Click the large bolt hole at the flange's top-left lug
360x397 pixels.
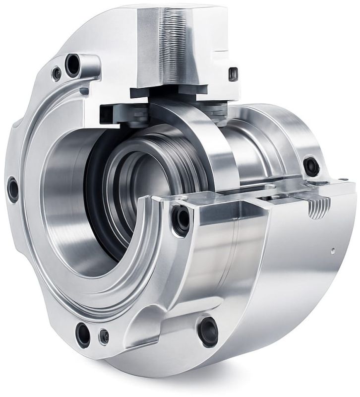[x=73, y=64]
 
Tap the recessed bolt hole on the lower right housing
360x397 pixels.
[x=208, y=331]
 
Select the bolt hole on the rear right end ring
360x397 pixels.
[x=311, y=166]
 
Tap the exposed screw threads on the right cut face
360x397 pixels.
[x=318, y=208]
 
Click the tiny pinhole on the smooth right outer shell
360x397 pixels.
[x=333, y=251]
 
